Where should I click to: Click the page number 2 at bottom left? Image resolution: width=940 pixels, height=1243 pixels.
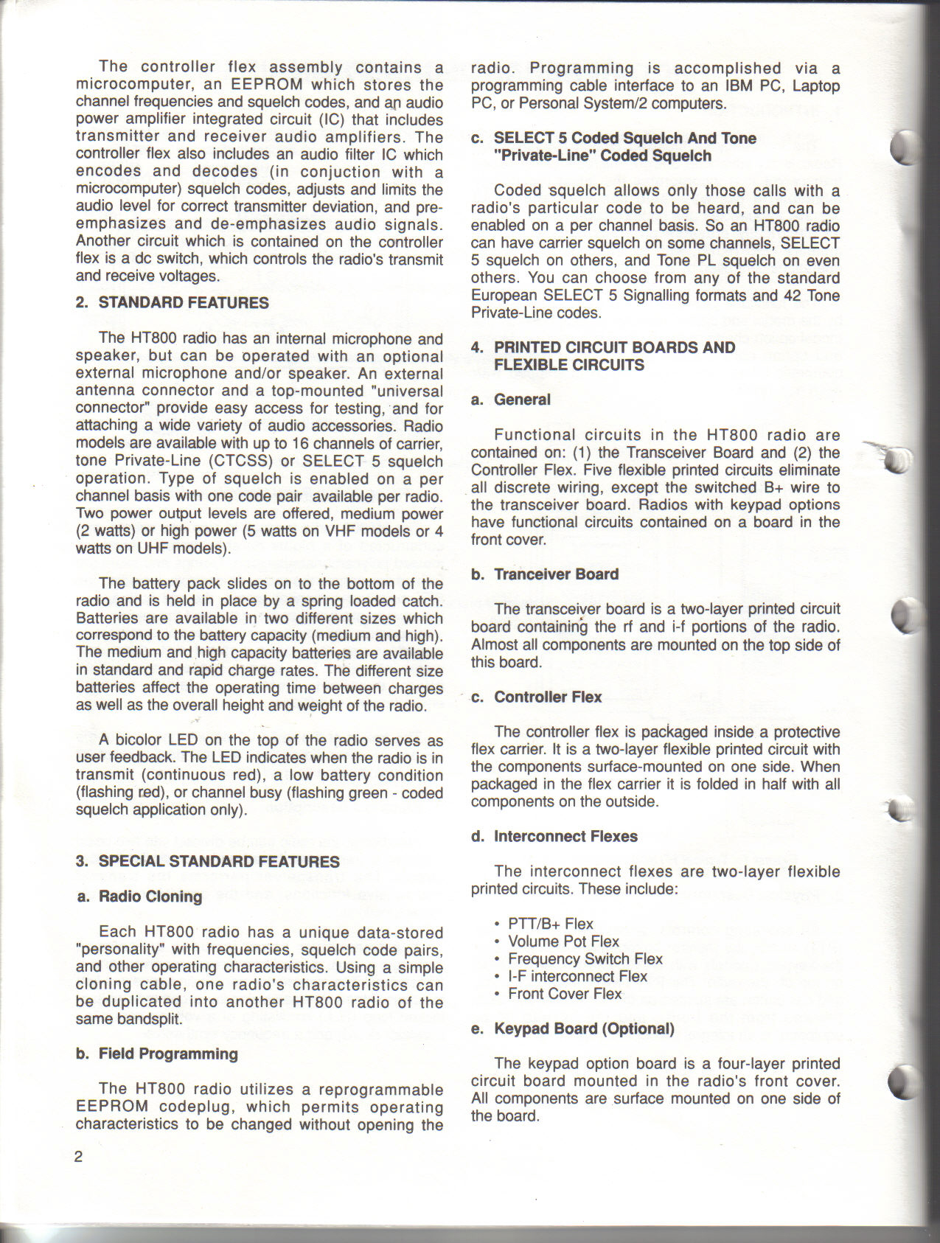(79, 1156)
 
